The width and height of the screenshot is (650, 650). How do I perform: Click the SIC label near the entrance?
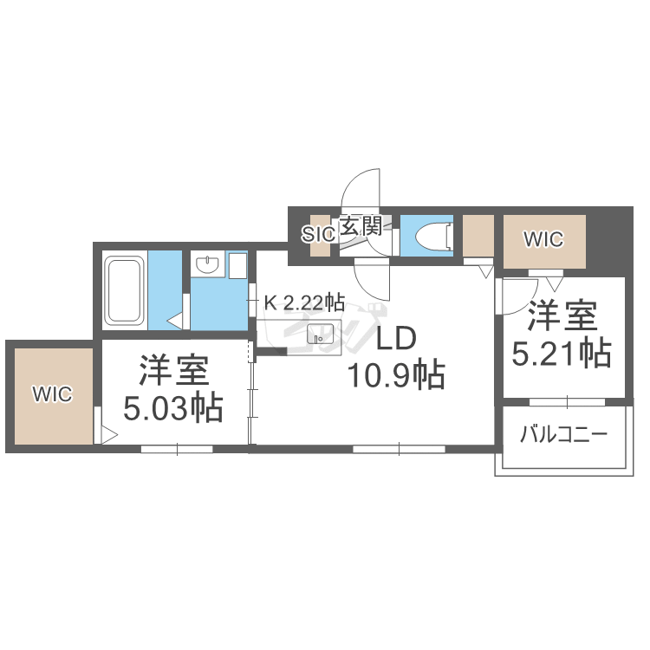point(317,231)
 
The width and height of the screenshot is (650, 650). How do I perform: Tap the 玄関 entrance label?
point(360,227)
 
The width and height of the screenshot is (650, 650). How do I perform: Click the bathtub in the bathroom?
point(125,289)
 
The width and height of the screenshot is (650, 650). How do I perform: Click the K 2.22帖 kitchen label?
point(304,302)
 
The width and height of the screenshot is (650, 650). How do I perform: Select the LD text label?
point(396,338)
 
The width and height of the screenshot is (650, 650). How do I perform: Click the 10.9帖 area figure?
point(396,375)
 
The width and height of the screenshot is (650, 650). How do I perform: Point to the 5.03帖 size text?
point(173,407)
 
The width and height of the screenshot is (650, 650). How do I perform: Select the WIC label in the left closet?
point(52,394)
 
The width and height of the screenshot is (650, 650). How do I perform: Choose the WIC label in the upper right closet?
point(544,239)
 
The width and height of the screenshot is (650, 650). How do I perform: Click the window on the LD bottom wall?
point(399,448)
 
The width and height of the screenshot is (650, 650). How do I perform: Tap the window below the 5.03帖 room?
point(177,448)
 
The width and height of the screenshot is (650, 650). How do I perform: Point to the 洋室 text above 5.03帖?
point(173,370)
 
